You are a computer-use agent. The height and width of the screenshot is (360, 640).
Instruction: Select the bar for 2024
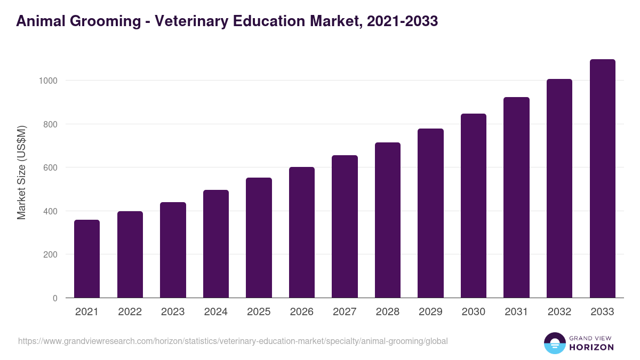coord(216,244)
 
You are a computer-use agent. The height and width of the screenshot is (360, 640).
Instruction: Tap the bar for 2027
coord(345,227)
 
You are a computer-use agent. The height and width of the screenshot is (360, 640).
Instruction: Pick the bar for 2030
coord(474,206)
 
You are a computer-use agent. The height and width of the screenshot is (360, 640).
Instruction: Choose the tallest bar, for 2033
coord(602,179)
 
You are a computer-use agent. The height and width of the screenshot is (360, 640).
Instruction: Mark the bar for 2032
coord(559,188)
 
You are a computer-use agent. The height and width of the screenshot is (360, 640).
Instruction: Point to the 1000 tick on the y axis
coord(48,81)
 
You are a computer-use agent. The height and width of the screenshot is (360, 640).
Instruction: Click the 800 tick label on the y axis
coord(50,124)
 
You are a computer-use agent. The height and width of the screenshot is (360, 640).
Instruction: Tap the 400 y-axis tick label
coord(50,211)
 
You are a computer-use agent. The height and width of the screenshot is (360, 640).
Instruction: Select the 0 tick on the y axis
coord(55,298)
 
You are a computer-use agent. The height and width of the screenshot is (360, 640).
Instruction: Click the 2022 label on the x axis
coord(130,312)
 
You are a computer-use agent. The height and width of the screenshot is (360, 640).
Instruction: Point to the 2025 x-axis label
coord(259,312)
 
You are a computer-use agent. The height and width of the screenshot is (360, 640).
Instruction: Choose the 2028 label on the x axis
coord(387,312)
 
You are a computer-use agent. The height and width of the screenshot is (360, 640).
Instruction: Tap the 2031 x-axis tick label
coord(516,312)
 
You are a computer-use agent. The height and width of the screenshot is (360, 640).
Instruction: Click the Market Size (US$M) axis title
coord(21,173)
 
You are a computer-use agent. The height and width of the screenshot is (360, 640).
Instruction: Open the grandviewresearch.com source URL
coord(233,341)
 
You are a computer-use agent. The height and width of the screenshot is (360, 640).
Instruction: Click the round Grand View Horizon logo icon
coord(554,343)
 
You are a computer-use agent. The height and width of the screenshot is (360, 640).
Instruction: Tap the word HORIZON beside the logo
coord(591,347)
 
